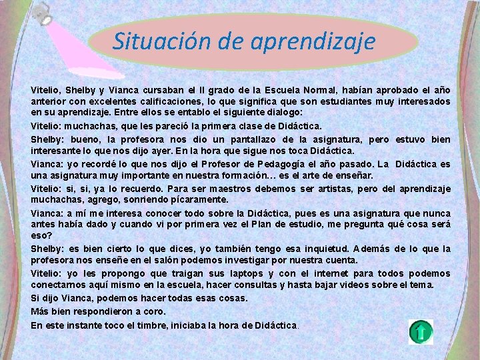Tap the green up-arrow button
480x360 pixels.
pyautogui.click(x=421, y=331)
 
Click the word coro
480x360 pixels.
pyautogui.click(x=153, y=311)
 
